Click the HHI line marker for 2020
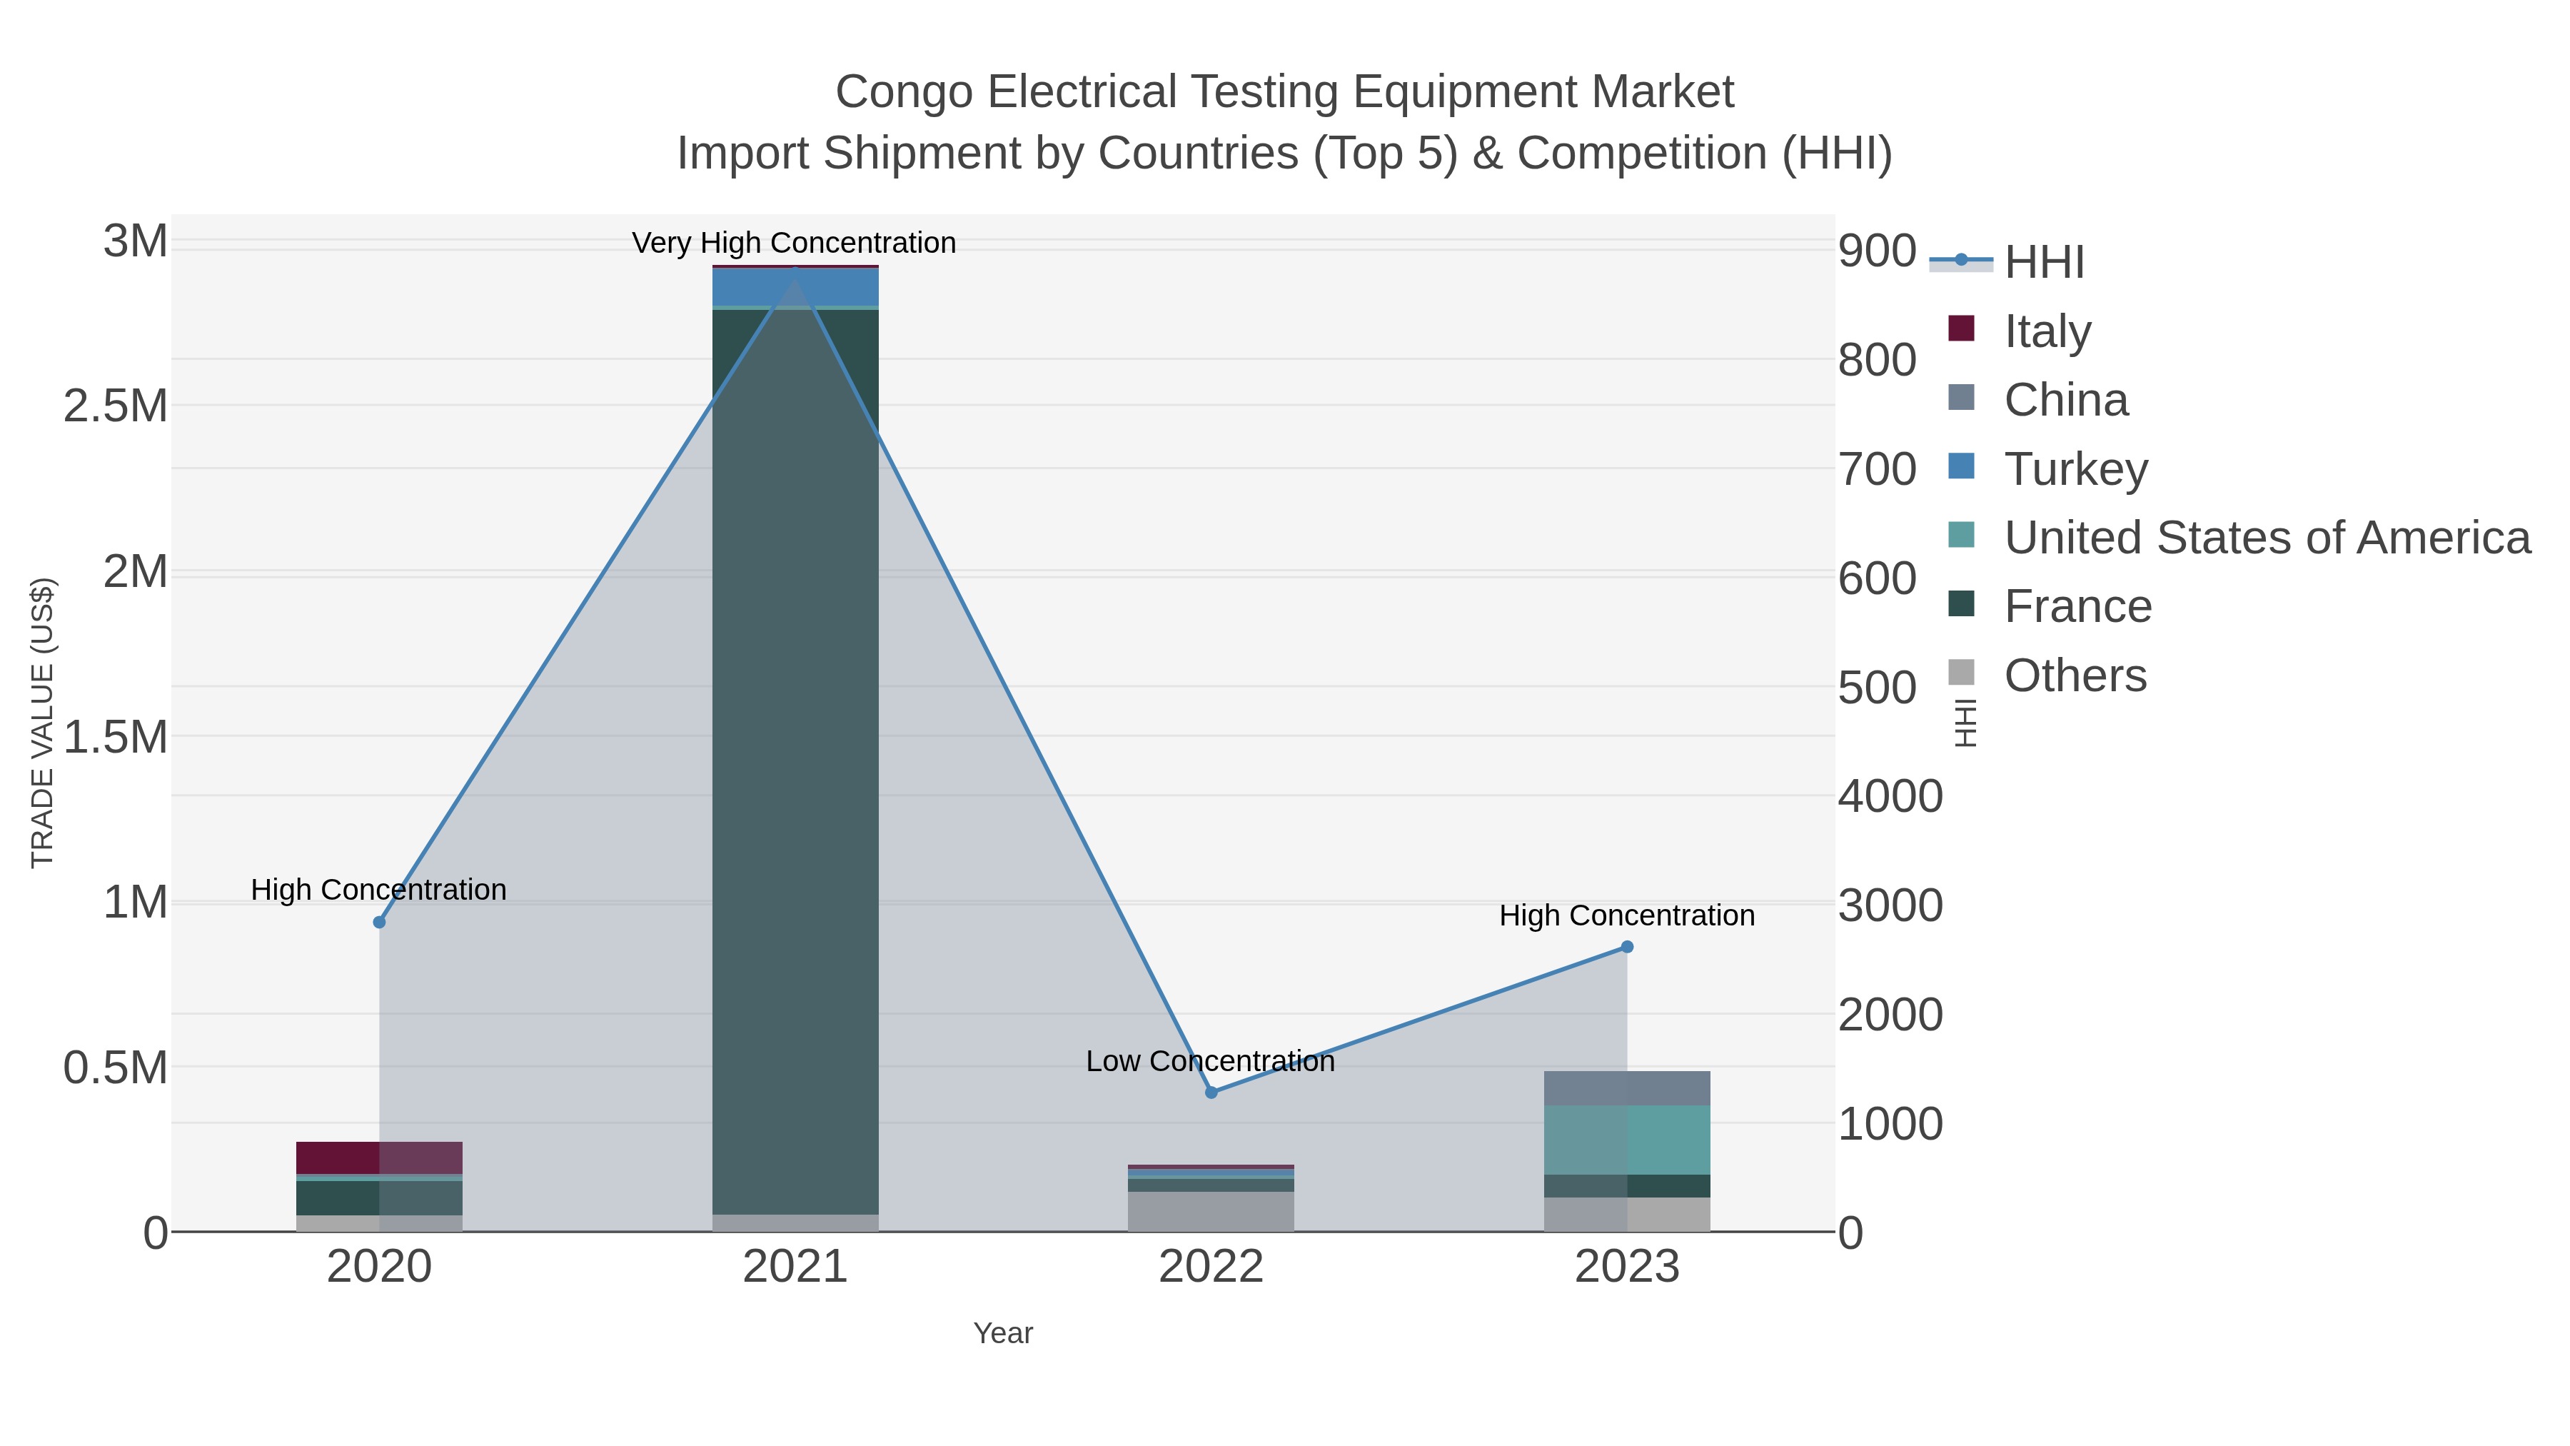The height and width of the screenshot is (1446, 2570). (x=379, y=922)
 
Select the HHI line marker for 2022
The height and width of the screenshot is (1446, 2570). (x=1211, y=1093)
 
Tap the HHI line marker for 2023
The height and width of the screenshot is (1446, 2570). (x=1627, y=947)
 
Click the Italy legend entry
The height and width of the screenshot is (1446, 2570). (x=2046, y=331)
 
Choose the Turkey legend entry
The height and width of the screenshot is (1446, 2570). (x=2075, y=469)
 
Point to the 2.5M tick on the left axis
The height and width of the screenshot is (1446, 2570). (x=116, y=406)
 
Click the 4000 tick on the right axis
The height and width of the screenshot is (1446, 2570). (x=1890, y=796)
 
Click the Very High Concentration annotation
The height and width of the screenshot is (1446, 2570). (x=794, y=243)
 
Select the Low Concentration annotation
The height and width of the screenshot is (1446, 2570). (x=1210, y=1061)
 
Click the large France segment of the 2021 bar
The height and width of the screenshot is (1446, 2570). (x=795, y=758)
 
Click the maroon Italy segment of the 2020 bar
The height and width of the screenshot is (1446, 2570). (x=379, y=1158)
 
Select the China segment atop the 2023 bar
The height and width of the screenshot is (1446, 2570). (x=1627, y=1088)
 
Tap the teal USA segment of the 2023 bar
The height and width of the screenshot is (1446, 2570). (x=1627, y=1140)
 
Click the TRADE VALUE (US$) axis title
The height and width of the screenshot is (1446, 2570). (x=42, y=723)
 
